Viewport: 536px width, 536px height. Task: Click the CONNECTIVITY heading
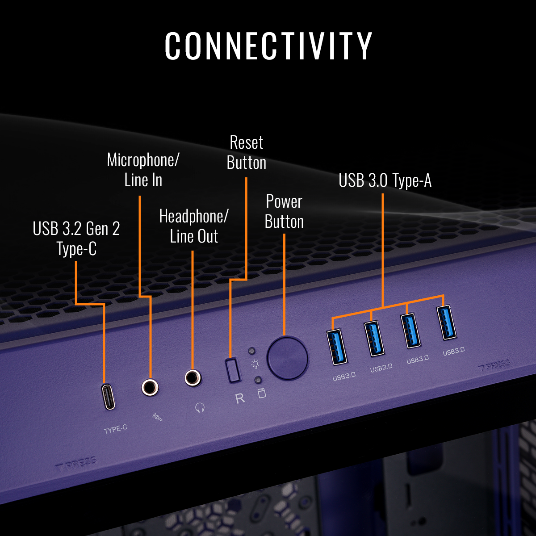268,46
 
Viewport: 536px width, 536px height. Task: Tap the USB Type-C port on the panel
109,397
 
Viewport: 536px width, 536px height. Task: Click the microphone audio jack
150,387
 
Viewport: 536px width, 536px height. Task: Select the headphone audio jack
193,378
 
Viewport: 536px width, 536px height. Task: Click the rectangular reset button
232,369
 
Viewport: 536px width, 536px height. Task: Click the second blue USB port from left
374,338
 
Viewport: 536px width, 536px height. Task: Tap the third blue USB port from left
411,330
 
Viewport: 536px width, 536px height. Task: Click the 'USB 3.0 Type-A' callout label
385,181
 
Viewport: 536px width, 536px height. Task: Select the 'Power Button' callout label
284,212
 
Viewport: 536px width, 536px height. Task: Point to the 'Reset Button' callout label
247,153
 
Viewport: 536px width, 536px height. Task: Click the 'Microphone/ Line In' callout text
143,170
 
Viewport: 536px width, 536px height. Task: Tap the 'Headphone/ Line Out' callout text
194,226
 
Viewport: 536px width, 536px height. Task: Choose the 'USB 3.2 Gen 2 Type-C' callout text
76,239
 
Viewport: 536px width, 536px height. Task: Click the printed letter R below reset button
240,398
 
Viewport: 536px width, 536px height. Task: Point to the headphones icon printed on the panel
200,407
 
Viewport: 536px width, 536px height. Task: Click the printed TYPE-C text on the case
116,429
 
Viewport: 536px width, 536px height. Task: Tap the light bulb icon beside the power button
255,364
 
